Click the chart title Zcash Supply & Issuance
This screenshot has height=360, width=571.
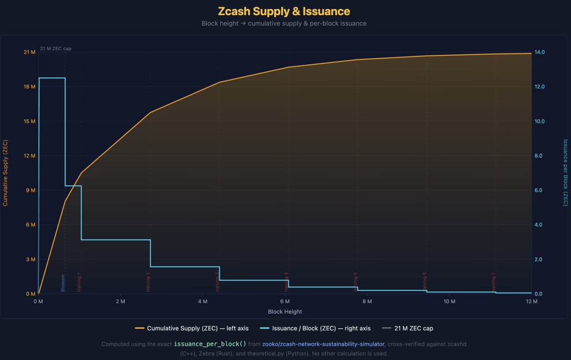tap(284, 11)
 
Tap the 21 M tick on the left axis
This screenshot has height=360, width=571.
tap(30, 52)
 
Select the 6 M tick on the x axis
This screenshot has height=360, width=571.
tap(285, 301)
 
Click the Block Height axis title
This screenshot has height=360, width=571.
tap(285, 311)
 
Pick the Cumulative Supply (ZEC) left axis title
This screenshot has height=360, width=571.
tap(5, 173)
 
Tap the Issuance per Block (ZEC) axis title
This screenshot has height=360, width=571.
tap(565, 173)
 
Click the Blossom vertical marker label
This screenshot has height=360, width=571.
tap(63, 283)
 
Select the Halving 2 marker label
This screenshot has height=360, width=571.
tap(148, 281)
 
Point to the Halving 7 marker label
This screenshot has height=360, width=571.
tap(493, 281)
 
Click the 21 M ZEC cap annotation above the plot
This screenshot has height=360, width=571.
tap(56, 49)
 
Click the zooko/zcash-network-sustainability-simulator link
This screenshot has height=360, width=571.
tap(323, 344)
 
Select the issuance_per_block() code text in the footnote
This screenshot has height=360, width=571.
tap(210, 344)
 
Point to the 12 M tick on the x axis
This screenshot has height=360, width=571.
tap(532, 301)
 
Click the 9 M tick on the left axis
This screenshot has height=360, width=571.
tap(31, 190)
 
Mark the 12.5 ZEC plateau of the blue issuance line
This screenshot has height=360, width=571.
tap(52, 78)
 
